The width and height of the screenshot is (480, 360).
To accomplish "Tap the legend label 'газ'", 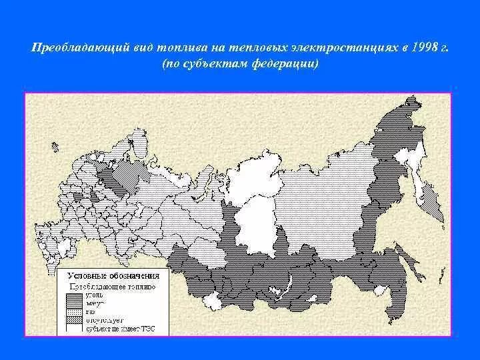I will pyautogui.click(x=89, y=311).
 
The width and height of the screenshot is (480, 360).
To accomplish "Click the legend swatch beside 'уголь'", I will pyautogui.click(x=73, y=295).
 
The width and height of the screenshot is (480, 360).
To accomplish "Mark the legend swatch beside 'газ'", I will pyautogui.click(x=73, y=311).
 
